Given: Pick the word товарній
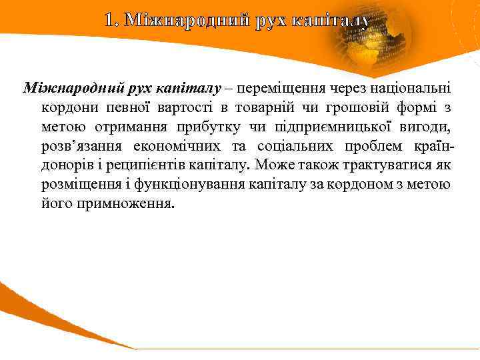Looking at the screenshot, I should [x=229, y=107].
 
